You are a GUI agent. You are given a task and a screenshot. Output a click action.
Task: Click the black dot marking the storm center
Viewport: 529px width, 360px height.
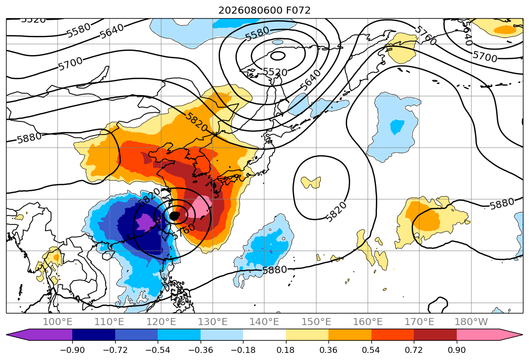pos(174,216)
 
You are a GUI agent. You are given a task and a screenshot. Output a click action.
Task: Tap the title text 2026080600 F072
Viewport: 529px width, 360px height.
pos(265,11)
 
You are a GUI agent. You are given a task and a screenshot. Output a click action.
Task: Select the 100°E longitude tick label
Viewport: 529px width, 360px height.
pos(58,322)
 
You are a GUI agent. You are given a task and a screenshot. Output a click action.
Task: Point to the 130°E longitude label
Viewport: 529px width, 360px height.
pos(213,322)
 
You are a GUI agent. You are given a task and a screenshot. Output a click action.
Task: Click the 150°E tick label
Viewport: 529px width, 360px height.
pos(316,322)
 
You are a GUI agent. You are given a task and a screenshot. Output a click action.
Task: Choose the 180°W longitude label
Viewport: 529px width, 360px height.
pos(471,322)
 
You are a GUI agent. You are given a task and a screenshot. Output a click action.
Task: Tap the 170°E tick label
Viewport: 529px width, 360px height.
pos(419,322)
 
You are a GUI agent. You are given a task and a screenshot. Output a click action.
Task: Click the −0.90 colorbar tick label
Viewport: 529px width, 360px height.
pos(72,350)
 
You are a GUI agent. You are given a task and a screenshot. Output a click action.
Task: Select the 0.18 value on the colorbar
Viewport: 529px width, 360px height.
pos(286,350)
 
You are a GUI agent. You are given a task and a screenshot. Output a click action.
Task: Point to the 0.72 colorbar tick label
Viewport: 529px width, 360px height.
pos(414,350)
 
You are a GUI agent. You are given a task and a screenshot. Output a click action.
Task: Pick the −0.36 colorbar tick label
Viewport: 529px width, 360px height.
pos(201,350)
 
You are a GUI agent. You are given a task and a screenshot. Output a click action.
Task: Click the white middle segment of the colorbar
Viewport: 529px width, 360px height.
pos(265,335)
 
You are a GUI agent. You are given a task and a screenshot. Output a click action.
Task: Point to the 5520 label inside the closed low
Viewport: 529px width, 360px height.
pos(275,72)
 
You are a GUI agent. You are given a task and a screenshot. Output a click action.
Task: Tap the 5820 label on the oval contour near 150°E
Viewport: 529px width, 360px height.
pos(336,212)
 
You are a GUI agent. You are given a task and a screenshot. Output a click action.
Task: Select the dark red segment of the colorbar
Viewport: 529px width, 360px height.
pos(435,335)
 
